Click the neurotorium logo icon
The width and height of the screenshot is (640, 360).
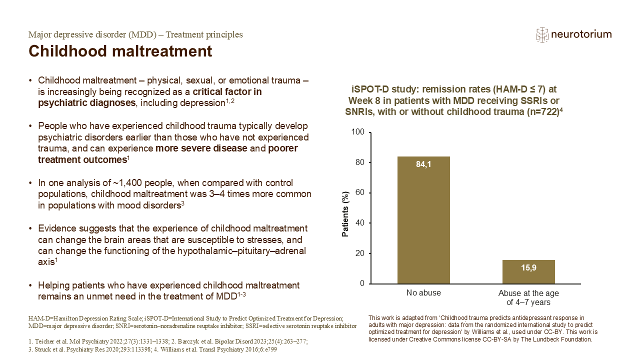pos(542,34)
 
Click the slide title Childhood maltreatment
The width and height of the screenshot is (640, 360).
pos(120,51)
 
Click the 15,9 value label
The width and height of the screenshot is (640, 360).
pos(528,267)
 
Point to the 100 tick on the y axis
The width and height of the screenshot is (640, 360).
pos(358,132)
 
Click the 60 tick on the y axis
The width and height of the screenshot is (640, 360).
pos(360,193)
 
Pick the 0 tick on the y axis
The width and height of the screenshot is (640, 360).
pos(362,284)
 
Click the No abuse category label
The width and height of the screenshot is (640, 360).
pos(423,293)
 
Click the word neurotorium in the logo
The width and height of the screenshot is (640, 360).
pos(581,34)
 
